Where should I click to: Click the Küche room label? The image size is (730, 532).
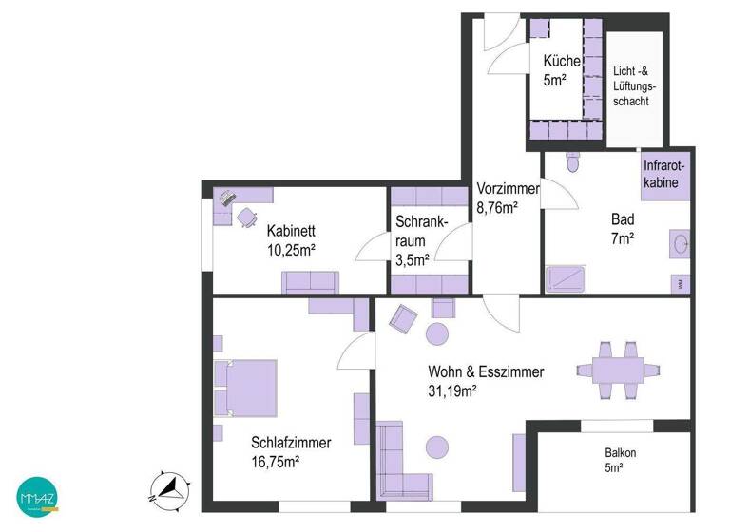pos(560,62)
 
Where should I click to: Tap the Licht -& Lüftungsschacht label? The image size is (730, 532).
pos(634,85)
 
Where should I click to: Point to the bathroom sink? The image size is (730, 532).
pos(681,245)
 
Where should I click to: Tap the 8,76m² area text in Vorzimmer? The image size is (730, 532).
pos(496,206)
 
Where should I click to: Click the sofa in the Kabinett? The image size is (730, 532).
pos(309,282)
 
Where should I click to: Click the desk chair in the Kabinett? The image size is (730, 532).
pos(246,217)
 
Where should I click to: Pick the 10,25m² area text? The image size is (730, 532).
pos(291,249)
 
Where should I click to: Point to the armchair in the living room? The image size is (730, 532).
pos(403,319)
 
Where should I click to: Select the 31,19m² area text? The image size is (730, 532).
pos(452,389)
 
